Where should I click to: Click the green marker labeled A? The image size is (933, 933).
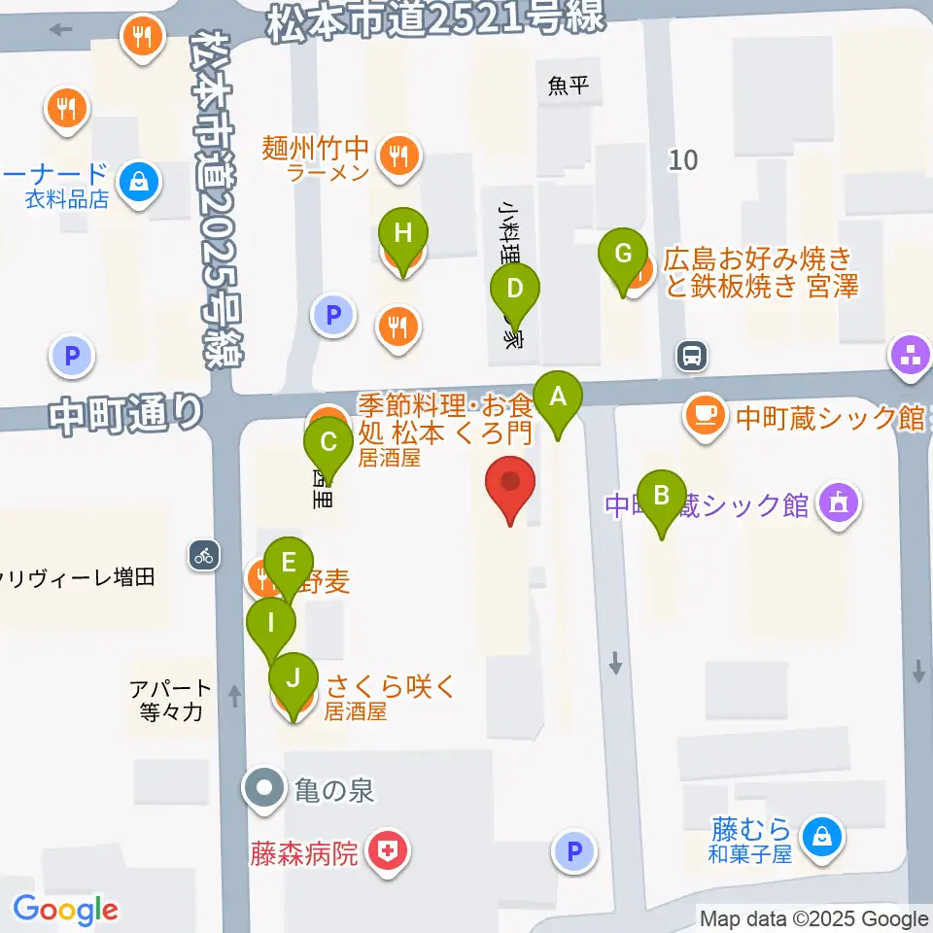coord(558,397)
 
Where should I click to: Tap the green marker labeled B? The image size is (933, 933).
coord(662,496)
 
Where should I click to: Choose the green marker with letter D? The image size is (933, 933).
coord(515,290)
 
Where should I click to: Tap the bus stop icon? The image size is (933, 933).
coord(692,356)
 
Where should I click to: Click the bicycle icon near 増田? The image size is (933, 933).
coord(203,556)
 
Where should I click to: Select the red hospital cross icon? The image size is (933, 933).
coord(389,854)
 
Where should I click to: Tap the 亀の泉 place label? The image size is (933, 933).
coord(334,790)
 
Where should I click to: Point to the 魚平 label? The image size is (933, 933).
coord(569,86)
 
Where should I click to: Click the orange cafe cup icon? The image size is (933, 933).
coord(703,415)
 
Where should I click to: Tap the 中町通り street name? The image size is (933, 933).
coord(127,415)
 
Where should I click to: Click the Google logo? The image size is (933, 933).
coord(65,911)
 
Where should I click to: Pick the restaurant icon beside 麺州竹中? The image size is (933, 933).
coord(398,153)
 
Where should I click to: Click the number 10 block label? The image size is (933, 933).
coord(683,159)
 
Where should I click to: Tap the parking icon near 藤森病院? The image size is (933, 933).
coord(573,853)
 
